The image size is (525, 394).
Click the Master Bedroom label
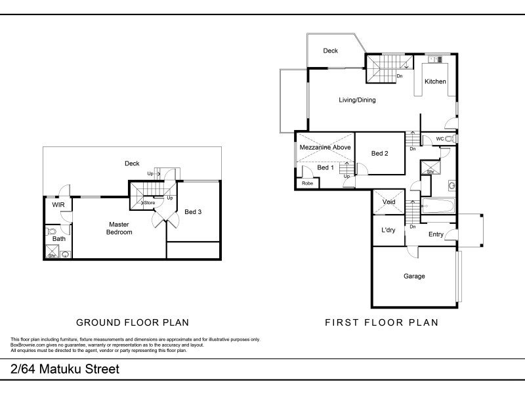coord(120,228)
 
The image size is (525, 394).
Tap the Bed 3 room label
coord(193,211)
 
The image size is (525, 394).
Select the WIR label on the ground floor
coord(58,205)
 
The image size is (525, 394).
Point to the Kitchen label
coord(435,81)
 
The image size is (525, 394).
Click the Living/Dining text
coord(357,100)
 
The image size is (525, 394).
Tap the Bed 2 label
coord(380,154)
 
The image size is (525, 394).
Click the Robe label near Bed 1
coord(307,184)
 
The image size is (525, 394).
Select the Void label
coord(388,202)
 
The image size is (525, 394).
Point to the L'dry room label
coord(388,230)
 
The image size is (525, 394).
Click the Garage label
coord(414,276)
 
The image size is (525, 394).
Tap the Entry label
coord(436,234)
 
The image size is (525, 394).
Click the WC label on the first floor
coord(440,139)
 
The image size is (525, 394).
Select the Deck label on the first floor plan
coord(331,51)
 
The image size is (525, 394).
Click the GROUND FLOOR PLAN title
coord(133,322)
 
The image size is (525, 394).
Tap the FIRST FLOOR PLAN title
coord(381,322)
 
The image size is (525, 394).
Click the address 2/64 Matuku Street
coord(65,369)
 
